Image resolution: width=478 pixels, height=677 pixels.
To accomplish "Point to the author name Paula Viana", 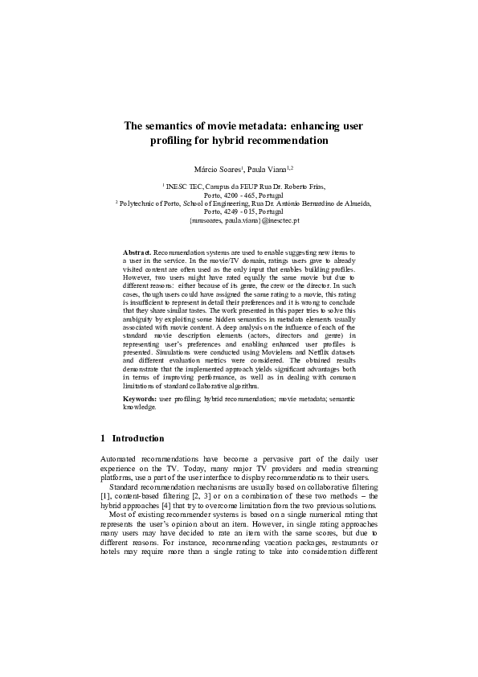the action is click(x=268, y=169).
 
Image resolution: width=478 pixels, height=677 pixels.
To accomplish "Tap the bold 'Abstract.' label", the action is click(x=137, y=252).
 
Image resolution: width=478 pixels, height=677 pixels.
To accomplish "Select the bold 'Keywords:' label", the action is click(x=140, y=399).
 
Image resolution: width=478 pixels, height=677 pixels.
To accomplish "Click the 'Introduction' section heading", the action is click(x=137, y=438).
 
